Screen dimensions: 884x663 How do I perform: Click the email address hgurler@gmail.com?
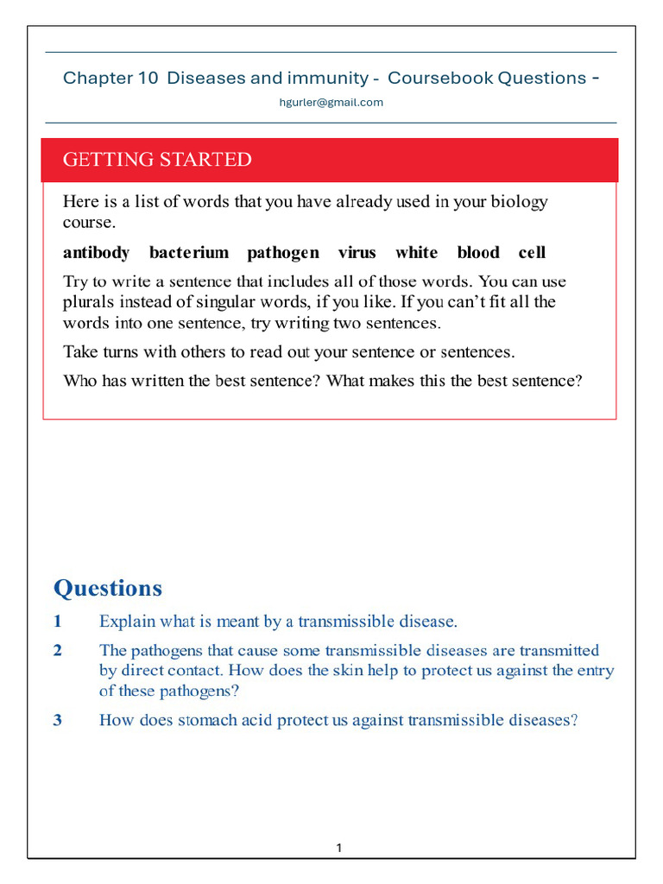(331, 102)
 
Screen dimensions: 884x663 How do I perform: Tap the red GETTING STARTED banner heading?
(157, 160)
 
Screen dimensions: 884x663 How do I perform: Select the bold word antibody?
(96, 252)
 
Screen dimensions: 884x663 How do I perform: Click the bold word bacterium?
(189, 252)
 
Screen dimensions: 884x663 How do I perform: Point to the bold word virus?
(357, 252)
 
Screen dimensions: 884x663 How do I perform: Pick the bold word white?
(416, 252)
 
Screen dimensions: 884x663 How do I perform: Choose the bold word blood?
(478, 252)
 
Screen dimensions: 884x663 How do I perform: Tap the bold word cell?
(532, 252)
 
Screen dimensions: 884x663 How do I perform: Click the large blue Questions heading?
(108, 588)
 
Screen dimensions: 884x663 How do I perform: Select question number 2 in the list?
(58, 650)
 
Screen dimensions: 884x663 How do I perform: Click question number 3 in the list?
(58, 719)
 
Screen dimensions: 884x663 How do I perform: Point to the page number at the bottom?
(339, 848)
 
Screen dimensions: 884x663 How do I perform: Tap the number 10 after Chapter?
(147, 78)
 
